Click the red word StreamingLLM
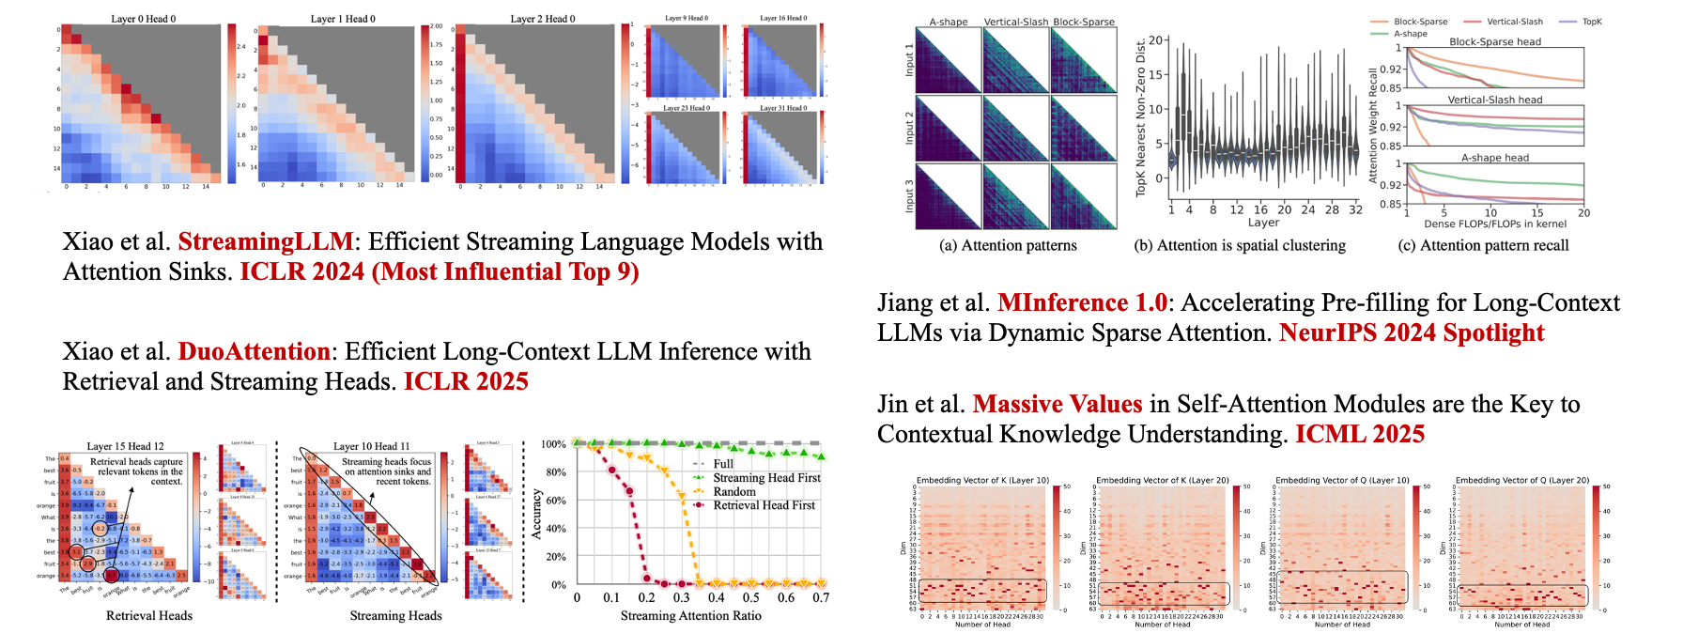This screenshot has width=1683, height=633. click(x=266, y=242)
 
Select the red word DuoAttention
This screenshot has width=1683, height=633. click(x=254, y=352)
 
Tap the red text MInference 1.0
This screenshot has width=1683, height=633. click(x=1082, y=303)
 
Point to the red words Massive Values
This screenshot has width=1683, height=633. click(x=1058, y=405)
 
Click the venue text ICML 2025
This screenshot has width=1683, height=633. click(x=1360, y=435)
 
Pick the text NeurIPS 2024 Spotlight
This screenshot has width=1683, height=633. click(x=1412, y=333)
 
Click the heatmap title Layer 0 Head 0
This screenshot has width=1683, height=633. click(x=143, y=19)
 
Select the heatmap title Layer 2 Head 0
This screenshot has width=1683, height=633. click(x=543, y=19)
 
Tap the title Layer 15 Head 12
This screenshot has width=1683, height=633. click(x=125, y=447)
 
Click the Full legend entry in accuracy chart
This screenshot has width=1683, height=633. click(x=723, y=464)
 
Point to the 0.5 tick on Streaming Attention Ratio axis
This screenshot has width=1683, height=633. click(x=751, y=597)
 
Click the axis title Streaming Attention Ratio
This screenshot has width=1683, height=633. click(x=690, y=616)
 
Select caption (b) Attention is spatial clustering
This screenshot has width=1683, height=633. click(x=1240, y=246)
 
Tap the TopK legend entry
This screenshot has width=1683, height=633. click(x=1592, y=22)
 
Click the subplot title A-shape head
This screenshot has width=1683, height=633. click(x=1495, y=158)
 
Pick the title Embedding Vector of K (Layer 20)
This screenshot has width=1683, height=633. click(x=1163, y=480)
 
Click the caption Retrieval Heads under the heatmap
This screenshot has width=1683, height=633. click(x=148, y=616)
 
